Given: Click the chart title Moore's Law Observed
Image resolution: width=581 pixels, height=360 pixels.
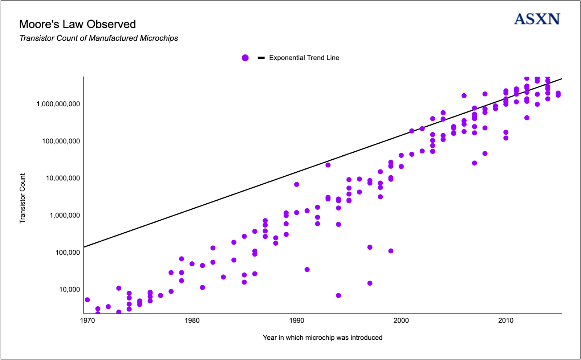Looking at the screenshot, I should click(x=77, y=24).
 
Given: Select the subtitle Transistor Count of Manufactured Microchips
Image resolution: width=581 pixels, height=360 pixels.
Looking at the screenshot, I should click(x=99, y=38).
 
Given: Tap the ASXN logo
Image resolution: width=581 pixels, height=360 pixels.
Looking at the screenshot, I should click(x=537, y=19).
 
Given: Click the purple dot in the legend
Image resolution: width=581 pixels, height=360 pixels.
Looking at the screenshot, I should click(x=245, y=58).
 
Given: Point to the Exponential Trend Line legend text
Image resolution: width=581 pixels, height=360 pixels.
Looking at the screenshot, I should click(x=304, y=58).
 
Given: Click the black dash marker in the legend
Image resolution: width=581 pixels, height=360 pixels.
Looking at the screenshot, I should click(x=261, y=58).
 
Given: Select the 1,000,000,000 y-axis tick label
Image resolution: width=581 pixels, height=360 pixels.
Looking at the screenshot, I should click(x=58, y=104).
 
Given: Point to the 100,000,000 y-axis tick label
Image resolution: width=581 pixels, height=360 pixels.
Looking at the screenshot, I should click(x=61, y=141).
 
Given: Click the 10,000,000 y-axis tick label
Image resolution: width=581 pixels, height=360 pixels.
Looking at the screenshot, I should click(x=62, y=178).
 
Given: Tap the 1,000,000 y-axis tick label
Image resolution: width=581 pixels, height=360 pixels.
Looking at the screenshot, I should click(x=65, y=215).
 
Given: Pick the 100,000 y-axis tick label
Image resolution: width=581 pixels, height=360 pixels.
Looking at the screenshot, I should click(x=68, y=252).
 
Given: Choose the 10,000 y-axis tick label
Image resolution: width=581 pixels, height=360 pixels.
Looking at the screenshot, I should click(x=69, y=289).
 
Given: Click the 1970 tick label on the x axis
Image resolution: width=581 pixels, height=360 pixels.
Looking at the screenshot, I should click(x=87, y=320).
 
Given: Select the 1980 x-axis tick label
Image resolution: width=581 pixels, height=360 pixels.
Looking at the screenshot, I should click(x=192, y=320).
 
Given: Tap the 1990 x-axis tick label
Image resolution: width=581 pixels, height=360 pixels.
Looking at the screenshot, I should click(x=297, y=320).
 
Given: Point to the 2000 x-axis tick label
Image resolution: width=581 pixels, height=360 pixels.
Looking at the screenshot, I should click(x=401, y=320).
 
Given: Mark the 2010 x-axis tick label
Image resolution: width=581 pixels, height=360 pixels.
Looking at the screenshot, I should click(x=506, y=320).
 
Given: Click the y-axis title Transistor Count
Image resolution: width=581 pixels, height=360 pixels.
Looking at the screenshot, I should click(x=23, y=198).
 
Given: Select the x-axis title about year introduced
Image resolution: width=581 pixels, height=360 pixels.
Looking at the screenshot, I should click(x=322, y=337).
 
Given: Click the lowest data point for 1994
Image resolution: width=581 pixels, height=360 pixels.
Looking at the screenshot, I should click(x=338, y=295).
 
